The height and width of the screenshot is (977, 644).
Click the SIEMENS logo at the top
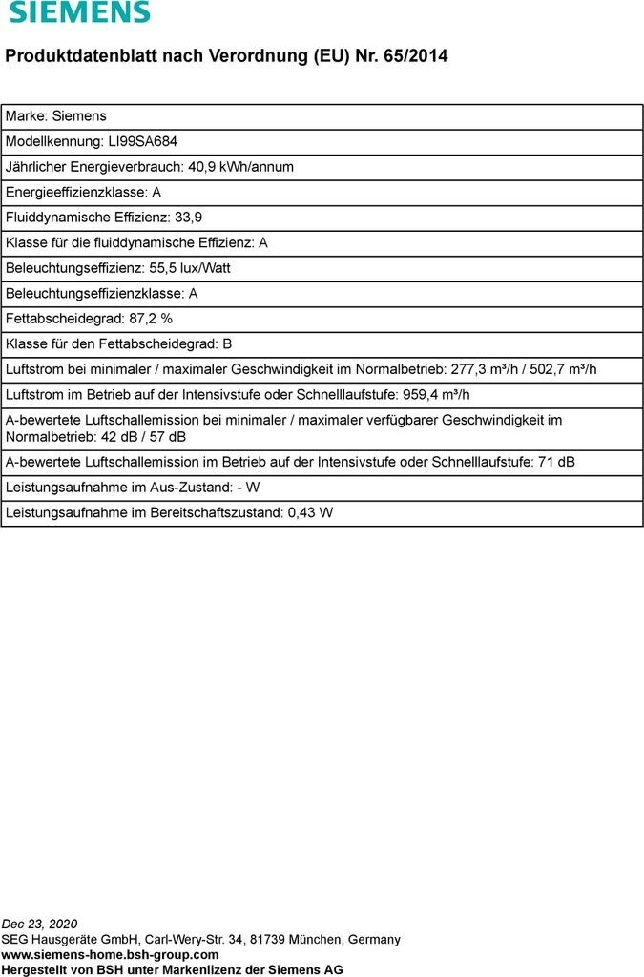(x=80, y=12)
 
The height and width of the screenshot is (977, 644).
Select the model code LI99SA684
(x=143, y=141)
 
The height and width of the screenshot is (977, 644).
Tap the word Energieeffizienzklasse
(x=77, y=192)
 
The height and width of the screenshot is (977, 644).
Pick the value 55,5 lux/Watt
(x=190, y=268)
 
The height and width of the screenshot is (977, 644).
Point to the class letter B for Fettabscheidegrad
(x=227, y=343)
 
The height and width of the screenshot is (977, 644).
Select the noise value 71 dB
(x=556, y=463)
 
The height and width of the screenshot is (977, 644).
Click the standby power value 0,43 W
(x=310, y=513)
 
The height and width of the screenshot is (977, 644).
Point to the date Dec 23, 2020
(x=40, y=924)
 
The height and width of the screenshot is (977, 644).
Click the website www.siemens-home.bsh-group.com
(x=110, y=954)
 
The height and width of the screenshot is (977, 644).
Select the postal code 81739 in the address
(x=271, y=939)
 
